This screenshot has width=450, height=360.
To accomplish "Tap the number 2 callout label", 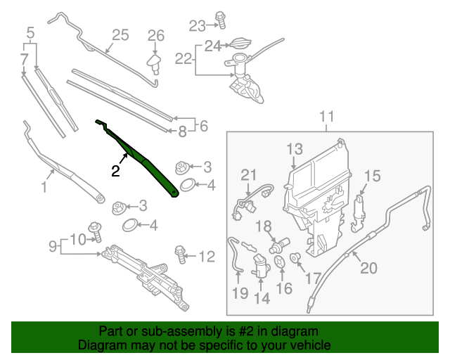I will tap(115, 170).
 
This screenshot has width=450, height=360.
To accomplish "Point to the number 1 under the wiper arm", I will tap(44, 187).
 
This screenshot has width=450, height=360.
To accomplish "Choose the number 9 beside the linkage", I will tap(52, 246).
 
